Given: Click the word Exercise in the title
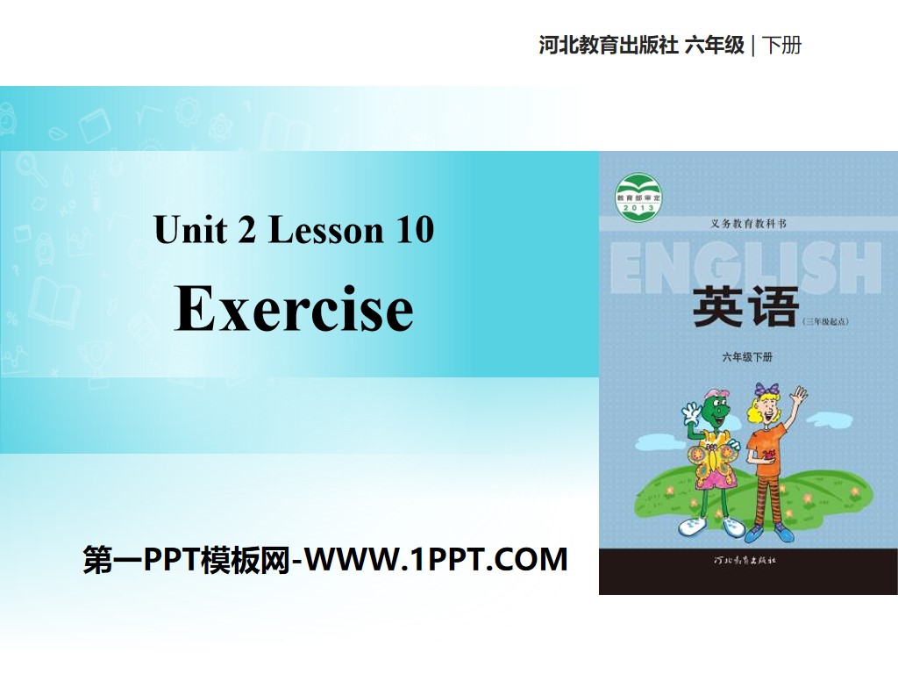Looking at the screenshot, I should (x=294, y=309).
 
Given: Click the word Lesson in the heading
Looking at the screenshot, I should (x=326, y=230).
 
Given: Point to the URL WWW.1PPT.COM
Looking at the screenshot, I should (x=439, y=559).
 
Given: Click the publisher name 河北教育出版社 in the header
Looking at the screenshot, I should (x=609, y=46).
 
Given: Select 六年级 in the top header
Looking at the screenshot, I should (x=714, y=46).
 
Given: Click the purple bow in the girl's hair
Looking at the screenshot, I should (x=768, y=388).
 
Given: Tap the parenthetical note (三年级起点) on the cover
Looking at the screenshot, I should (x=826, y=321).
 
